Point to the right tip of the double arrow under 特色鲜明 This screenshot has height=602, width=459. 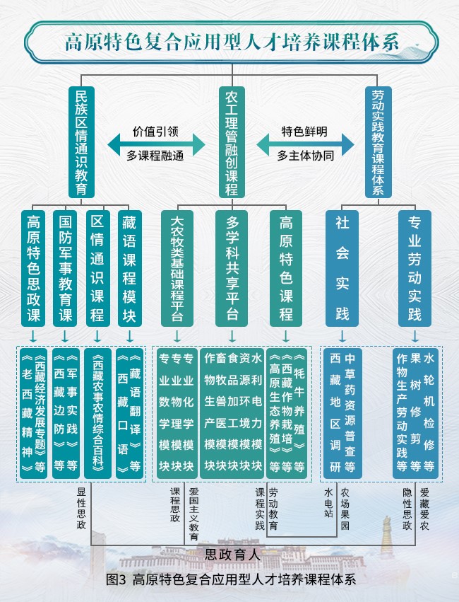pos(354,145)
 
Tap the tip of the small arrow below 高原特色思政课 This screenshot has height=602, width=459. pos(33,341)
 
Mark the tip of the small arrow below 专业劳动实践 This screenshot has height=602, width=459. pos(415,341)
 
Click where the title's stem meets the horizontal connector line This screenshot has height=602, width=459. pos(232,75)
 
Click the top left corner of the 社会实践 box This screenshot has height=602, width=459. pos(326,210)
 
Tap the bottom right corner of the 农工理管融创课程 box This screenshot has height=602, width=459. pos(245,198)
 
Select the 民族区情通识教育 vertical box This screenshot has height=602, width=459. pos(81,142)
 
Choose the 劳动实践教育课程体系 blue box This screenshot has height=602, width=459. pos(378,142)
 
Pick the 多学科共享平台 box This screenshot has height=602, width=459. pos(232,268)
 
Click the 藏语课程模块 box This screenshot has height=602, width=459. pos(129,268)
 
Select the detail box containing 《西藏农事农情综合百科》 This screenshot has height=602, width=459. pos(97,413)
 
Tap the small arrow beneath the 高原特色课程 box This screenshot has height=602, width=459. pos(286,335)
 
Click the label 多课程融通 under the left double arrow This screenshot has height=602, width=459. pos(155,156)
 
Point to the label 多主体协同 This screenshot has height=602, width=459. pos(305,156)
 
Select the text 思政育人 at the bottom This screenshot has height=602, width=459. pos(232,555)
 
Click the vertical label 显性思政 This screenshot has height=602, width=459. pos(81,509)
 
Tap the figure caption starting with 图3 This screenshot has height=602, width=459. pos(231,579)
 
